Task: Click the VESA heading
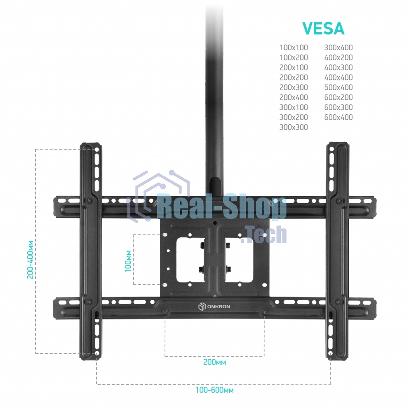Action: point(323,29)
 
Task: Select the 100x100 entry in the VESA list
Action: point(293,47)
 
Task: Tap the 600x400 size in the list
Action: point(338,117)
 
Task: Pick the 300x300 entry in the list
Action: point(293,127)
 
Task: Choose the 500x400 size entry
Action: point(338,87)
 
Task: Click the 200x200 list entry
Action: point(293,77)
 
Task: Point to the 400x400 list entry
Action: point(338,77)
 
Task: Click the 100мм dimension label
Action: point(128,261)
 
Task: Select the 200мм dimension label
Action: point(214,362)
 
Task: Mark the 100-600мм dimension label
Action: point(214,390)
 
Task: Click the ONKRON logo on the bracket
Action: point(214,307)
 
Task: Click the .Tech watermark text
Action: point(264,234)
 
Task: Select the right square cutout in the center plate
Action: point(239,260)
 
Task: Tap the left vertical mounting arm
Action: point(91,251)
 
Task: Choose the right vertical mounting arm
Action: point(338,251)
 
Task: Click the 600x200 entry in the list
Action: point(338,97)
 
